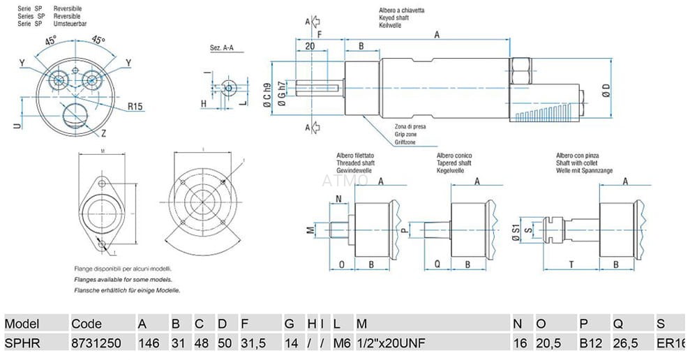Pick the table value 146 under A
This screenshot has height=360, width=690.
pos(149,343)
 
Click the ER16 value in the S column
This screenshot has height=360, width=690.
pos(672,343)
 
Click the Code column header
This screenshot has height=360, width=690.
pos(87,324)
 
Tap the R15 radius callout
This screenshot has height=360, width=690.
pos(135,107)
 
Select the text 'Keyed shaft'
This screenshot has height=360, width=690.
pos(394,17)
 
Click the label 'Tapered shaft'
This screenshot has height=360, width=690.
pos(453,163)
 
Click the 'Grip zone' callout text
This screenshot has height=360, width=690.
pos(407,133)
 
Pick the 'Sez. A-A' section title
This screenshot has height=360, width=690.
pos(222,48)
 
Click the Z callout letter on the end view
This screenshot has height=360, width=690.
pos(103,132)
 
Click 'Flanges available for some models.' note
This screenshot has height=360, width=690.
pos(119,278)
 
